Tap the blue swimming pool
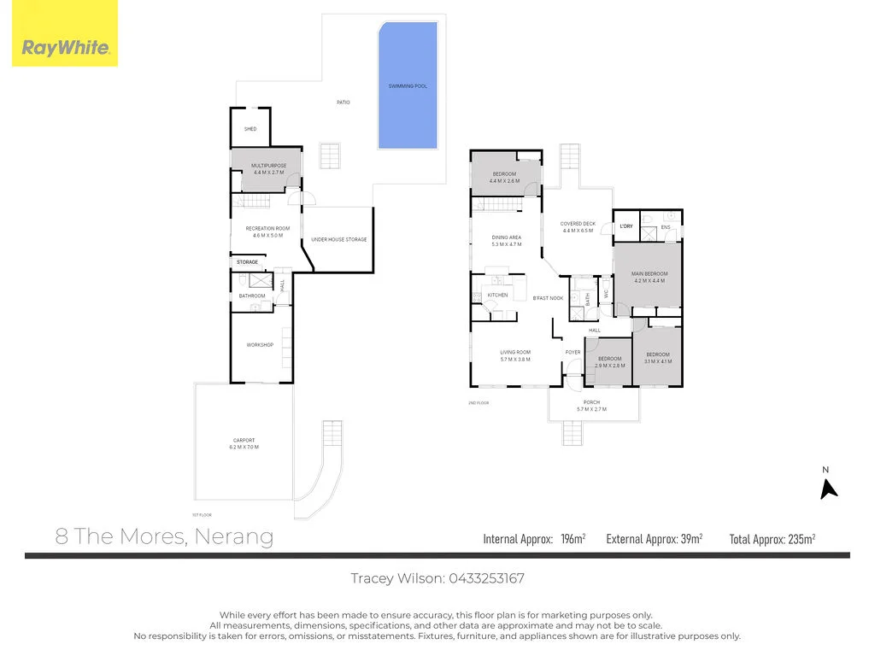point(408,85)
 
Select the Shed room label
point(250,129)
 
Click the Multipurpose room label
point(269,166)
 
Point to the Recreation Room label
point(268,229)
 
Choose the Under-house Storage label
point(339,239)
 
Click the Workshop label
point(260,344)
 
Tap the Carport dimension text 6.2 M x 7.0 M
point(244,448)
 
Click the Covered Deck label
point(578,224)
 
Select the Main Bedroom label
point(649,274)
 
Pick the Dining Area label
point(507,237)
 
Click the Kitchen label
point(497,296)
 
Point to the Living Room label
point(515,352)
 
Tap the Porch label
point(591,402)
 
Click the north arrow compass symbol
point(827,488)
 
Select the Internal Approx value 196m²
point(570,539)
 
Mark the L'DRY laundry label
point(626,226)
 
